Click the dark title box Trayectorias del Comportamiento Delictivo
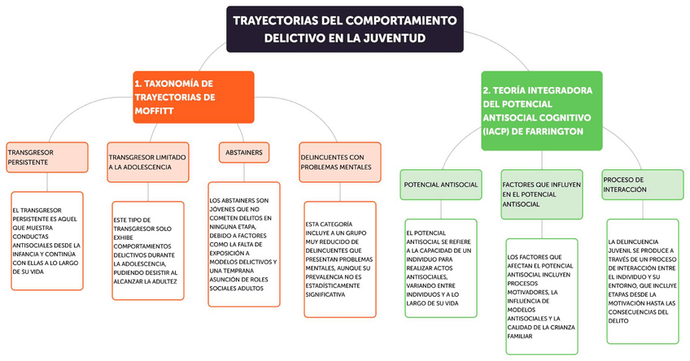point(344,28)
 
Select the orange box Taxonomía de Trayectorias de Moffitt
point(194,97)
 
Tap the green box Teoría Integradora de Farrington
point(542,110)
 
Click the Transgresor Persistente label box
point(46,157)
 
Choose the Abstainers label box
point(243,152)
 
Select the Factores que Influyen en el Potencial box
point(542,194)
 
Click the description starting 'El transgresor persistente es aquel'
point(47,241)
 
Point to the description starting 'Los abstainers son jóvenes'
point(244,245)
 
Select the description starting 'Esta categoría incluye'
point(339,259)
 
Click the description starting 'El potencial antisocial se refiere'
point(439,267)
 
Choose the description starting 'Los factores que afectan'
point(541,296)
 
